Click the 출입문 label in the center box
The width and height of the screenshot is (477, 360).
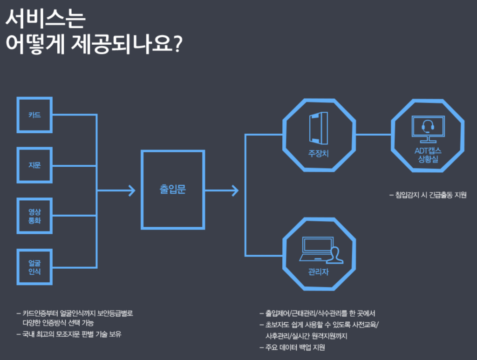(172, 189)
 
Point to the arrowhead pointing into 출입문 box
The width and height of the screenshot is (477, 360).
(132, 190)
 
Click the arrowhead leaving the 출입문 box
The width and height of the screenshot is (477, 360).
(235, 190)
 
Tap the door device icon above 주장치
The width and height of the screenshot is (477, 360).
(319, 128)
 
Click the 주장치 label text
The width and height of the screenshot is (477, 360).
(319, 153)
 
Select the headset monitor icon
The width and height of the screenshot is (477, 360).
(428, 129)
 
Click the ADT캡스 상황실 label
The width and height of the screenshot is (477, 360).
(428, 155)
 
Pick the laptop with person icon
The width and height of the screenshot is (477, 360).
(321, 250)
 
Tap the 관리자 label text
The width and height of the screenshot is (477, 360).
(319, 272)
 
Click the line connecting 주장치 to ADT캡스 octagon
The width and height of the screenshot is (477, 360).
(373, 134)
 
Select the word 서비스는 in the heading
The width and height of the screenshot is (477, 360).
(46, 18)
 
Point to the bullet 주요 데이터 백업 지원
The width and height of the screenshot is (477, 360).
(292, 347)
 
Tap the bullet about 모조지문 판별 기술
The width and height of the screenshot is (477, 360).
(69, 334)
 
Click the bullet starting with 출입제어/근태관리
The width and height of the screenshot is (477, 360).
(317, 313)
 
